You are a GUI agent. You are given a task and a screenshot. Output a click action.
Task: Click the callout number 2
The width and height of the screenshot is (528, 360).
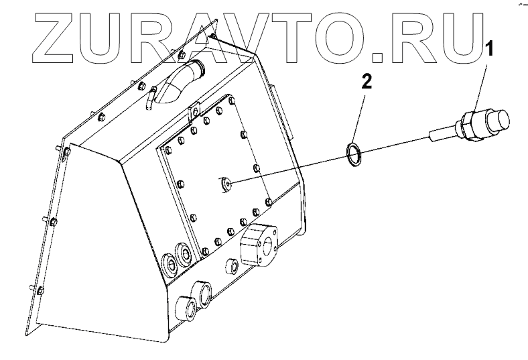click(x=367, y=82)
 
